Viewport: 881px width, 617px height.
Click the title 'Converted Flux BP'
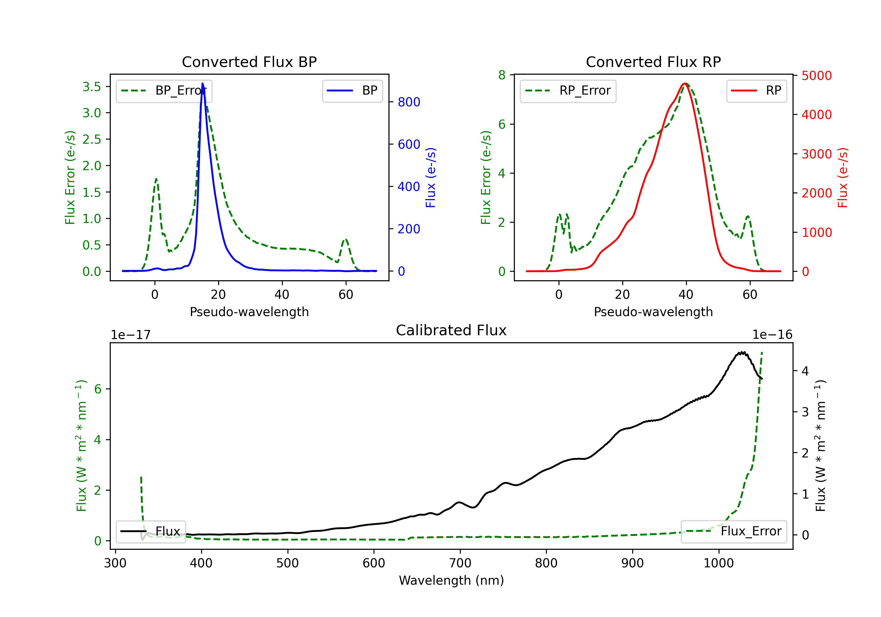(249, 62)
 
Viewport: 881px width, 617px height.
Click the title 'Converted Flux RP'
(653, 62)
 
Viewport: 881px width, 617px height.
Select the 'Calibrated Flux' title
(451, 330)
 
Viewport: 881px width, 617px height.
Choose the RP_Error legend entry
(568, 91)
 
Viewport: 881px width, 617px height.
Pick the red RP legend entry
(756, 91)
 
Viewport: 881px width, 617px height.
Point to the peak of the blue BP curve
(203, 83)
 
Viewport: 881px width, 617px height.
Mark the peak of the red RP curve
(685, 83)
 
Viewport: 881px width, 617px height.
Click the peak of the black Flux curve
(742, 352)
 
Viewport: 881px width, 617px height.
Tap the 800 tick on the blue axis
(409, 102)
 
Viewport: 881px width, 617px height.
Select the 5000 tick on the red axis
(816, 76)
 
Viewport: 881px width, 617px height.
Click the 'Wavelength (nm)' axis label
(451, 580)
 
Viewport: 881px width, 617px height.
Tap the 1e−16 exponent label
(772, 335)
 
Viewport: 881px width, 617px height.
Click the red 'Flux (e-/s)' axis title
(843, 177)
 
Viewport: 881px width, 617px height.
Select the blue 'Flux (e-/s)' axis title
(431, 177)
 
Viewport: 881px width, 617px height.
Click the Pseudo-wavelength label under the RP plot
(653, 312)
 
